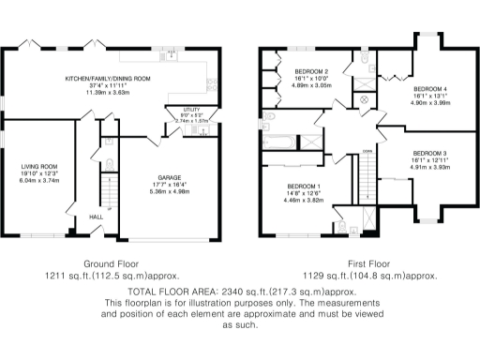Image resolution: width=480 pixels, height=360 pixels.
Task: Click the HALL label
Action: (96, 217)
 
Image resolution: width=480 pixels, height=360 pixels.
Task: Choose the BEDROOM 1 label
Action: (305, 186)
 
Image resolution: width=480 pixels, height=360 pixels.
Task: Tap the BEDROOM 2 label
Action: (310, 72)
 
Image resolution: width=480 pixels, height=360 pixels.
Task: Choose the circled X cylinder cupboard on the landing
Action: (365, 97)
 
